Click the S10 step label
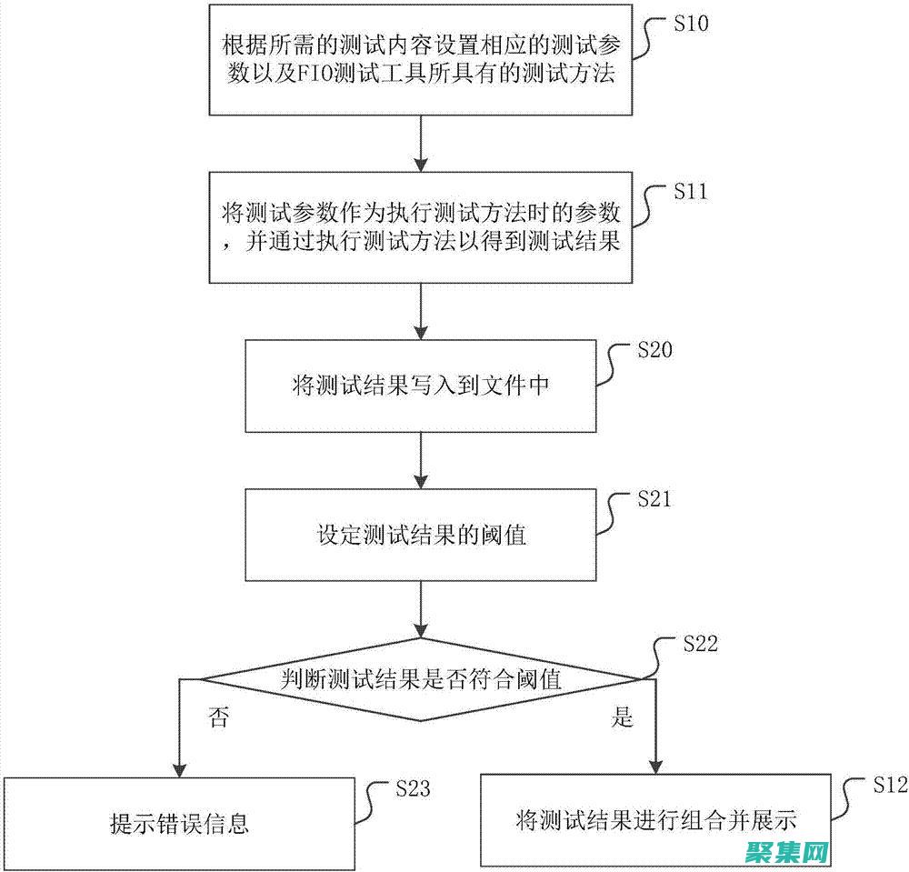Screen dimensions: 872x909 pyautogui.click(x=691, y=25)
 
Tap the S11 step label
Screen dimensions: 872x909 pyautogui.click(x=691, y=192)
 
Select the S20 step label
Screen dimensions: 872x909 pyautogui.click(x=654, y=351)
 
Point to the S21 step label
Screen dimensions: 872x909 pyautogui.click(x=654, y=499)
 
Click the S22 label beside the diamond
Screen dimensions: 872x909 pyautogui.click(x=700, y=645)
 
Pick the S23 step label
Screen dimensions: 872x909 pyautogui.click(x=413, y=788)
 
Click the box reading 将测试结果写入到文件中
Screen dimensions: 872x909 pyautogui.click(x=420, y=386)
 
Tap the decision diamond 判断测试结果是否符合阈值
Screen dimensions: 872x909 pyautogui.click(x=420, y=678)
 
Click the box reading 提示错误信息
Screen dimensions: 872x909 pyautogui.click(x=178, y=824)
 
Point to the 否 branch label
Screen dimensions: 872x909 pyautogui.click(x=218, y=718)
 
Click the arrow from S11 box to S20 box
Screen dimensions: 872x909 pyautogui.click(x=420, y=310)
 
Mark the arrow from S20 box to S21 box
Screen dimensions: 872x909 pyautogui.click(x=420, y=460)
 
